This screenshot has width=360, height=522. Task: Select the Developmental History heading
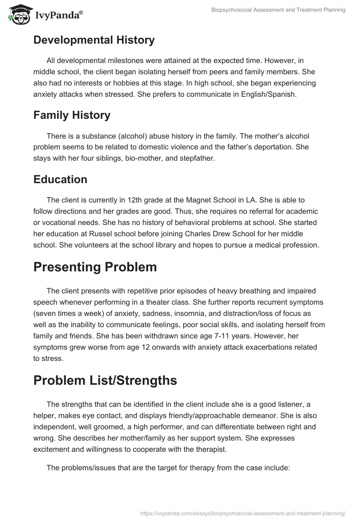click(x=94, y=40)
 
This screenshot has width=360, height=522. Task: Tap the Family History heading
click(x=72, y=115)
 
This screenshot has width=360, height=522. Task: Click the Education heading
click(x=60, y=179)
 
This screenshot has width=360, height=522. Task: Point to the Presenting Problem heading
click(x=95, y=267)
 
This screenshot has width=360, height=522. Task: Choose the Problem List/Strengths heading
click(x=105, y=380)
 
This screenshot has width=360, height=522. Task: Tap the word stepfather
click(x=187, y=158)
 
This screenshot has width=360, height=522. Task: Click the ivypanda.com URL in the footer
click(x=243, y=513)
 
